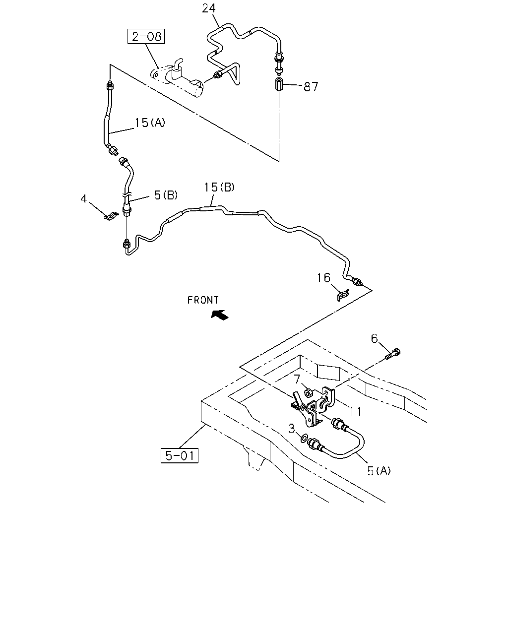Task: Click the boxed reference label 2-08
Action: pyautogui.click(x=146, y=36)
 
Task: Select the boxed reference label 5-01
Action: pyautogui.click(x=180, y=455)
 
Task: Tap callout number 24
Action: pyautogui.click(x=209, y=8)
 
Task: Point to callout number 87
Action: pyautogui.click(x=311, y=86)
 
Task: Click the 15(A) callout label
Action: pyautogui.click(x=150, y=123)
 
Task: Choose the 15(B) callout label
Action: pyautogui.click(x=219, y=187)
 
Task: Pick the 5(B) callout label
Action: pyautogui.click(x=166, y=195)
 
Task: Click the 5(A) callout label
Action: pyautogui.click(x=379, y=471)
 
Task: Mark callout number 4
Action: pyautogui.click(x=84, y=199)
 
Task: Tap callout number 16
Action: pyautogui.click(x=323, y=278)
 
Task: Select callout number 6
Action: pyautogui.click(x=374, y=338)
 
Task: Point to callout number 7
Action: pyautogui.click(x=297, y=379)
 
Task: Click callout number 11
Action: pyautogui.click(x=356, y=411)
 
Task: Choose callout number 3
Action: pyautogui.click(x=292, y=429)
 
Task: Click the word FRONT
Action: pyautogui.click(x=203, y=300)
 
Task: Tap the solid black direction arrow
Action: pyautogui.click(x=220, y=315)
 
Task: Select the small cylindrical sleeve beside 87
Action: pyautogui.click(x=279, y=85)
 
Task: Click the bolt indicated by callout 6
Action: pyautogui.click(x=393, y=354)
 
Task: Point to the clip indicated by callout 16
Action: pyautogui.click(x=343, y=295)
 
